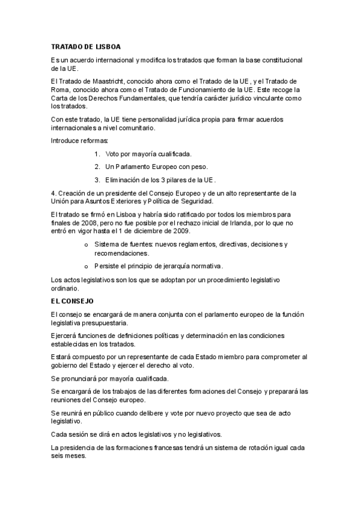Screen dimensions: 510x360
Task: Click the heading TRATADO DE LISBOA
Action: pyautogui.click(x=88, y=46)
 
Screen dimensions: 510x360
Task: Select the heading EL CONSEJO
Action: pyautogui.click(x=72, y=300)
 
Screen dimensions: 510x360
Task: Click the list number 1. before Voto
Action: pyautogui.click(x=97, y=154)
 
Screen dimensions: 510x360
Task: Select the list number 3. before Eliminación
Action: pyautogui.click(x=97, y=179)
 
